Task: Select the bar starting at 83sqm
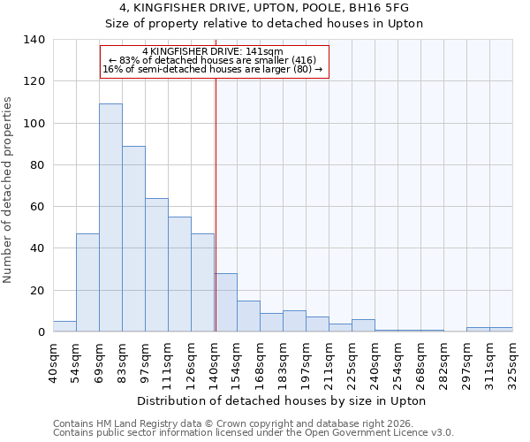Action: [x=133, y=239]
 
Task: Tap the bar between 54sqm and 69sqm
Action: [x=87, y=283]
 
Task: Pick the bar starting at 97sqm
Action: [x=156, y=265]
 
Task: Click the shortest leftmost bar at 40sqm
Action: [x=64, y=326]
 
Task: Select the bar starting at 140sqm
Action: [x=225, y=302]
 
